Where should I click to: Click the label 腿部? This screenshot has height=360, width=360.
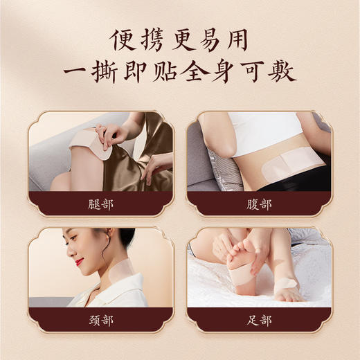(100, 205)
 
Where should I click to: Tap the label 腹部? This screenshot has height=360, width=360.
(260, 205)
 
